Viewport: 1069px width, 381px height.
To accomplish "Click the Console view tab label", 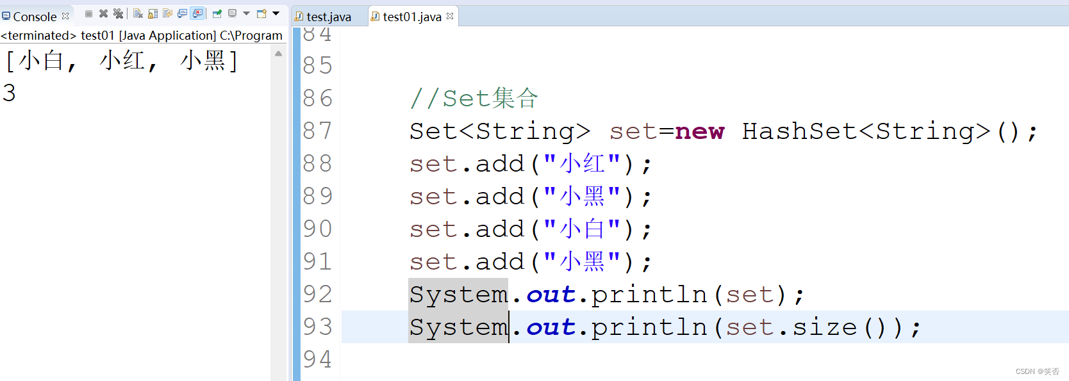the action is (x=35, y=17).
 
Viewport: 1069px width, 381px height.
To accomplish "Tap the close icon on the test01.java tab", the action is (x=450, y=16).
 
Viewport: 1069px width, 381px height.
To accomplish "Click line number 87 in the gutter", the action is (x=317, y=131).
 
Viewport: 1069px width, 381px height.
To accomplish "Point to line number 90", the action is (x=317, y=229).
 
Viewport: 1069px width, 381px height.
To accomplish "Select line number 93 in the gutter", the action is (x=317, y=327).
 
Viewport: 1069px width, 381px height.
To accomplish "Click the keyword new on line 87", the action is (x=699, y=131).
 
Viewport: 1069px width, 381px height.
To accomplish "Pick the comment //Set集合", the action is (x=474, y=99).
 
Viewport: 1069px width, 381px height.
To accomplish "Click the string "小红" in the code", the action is (x=581, y=164).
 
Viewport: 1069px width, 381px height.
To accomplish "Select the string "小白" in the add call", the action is (x=581, y=229).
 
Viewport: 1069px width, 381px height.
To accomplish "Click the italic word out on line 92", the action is (x=551, y=295).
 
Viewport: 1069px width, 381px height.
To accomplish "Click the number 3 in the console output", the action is (x=9, y=93).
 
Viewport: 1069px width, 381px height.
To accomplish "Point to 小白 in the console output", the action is (x=42, y=61).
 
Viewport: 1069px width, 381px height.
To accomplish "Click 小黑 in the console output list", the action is (x=203, y=61).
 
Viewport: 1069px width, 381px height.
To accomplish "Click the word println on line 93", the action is (x=649, y=327).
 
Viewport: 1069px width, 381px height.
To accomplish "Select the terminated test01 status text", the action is (x=141, y=36).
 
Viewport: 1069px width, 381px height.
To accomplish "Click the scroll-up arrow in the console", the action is (x=278, y=54).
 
